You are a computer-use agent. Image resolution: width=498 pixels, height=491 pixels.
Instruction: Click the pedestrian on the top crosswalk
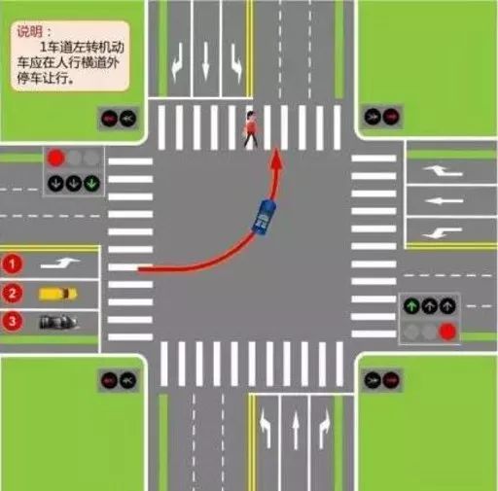point(251,129)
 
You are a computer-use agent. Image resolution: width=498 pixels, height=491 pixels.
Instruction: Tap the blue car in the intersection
point(264,217)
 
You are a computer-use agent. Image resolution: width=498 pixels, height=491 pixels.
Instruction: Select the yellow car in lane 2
point(57,294)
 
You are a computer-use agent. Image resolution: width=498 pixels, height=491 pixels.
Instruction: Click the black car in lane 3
point(57,322)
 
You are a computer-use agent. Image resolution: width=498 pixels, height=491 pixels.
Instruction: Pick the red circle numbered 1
point(12,264)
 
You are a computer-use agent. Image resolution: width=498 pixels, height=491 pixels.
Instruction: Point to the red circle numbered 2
point(12,294)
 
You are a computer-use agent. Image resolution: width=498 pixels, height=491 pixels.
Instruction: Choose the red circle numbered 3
point(12,321)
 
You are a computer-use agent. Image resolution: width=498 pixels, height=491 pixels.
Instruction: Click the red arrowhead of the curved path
point(276,158)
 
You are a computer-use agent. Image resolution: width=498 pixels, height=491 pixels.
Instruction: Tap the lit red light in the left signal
point(55,158)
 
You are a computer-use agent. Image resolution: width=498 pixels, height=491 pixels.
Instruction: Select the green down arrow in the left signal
point(92,183)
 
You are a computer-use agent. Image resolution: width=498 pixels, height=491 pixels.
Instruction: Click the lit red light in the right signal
point(447,332)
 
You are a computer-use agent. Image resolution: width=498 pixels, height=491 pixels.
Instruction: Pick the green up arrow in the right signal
point(411,305)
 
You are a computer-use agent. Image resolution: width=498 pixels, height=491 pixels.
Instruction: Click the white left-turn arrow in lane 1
point(60,263)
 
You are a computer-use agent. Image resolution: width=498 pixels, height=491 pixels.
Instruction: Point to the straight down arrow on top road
point(205,61)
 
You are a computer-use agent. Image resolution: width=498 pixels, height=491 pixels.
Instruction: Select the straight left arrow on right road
point(445,201)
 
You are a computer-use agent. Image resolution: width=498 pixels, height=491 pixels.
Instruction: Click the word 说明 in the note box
point(30,31)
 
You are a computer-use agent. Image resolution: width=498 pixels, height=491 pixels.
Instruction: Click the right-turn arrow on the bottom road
point(324,429)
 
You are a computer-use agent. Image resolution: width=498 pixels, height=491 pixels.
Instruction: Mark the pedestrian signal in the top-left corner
point(119,119)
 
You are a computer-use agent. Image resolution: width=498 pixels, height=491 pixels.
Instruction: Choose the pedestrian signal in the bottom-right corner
point(381,379)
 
